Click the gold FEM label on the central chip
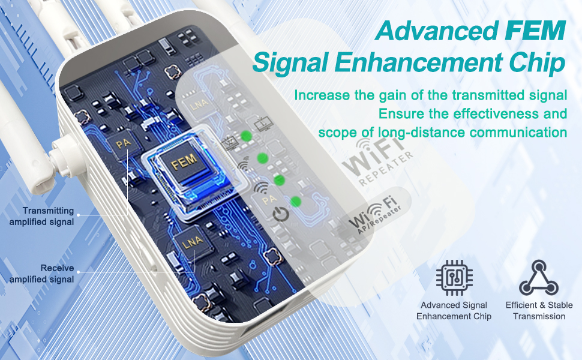tap(184, 161)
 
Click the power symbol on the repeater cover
tap(281, 215)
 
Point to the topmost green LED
tap(246, 136)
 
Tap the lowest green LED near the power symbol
tap(295, 202)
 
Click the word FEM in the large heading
tap(535, 31)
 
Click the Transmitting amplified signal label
tap(41, 216)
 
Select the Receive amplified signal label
tap(41, 274)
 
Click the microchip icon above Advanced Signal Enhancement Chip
tap(454, 278)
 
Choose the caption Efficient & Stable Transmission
tap(539, 311)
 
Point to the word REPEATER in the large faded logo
tap(386, 169)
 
